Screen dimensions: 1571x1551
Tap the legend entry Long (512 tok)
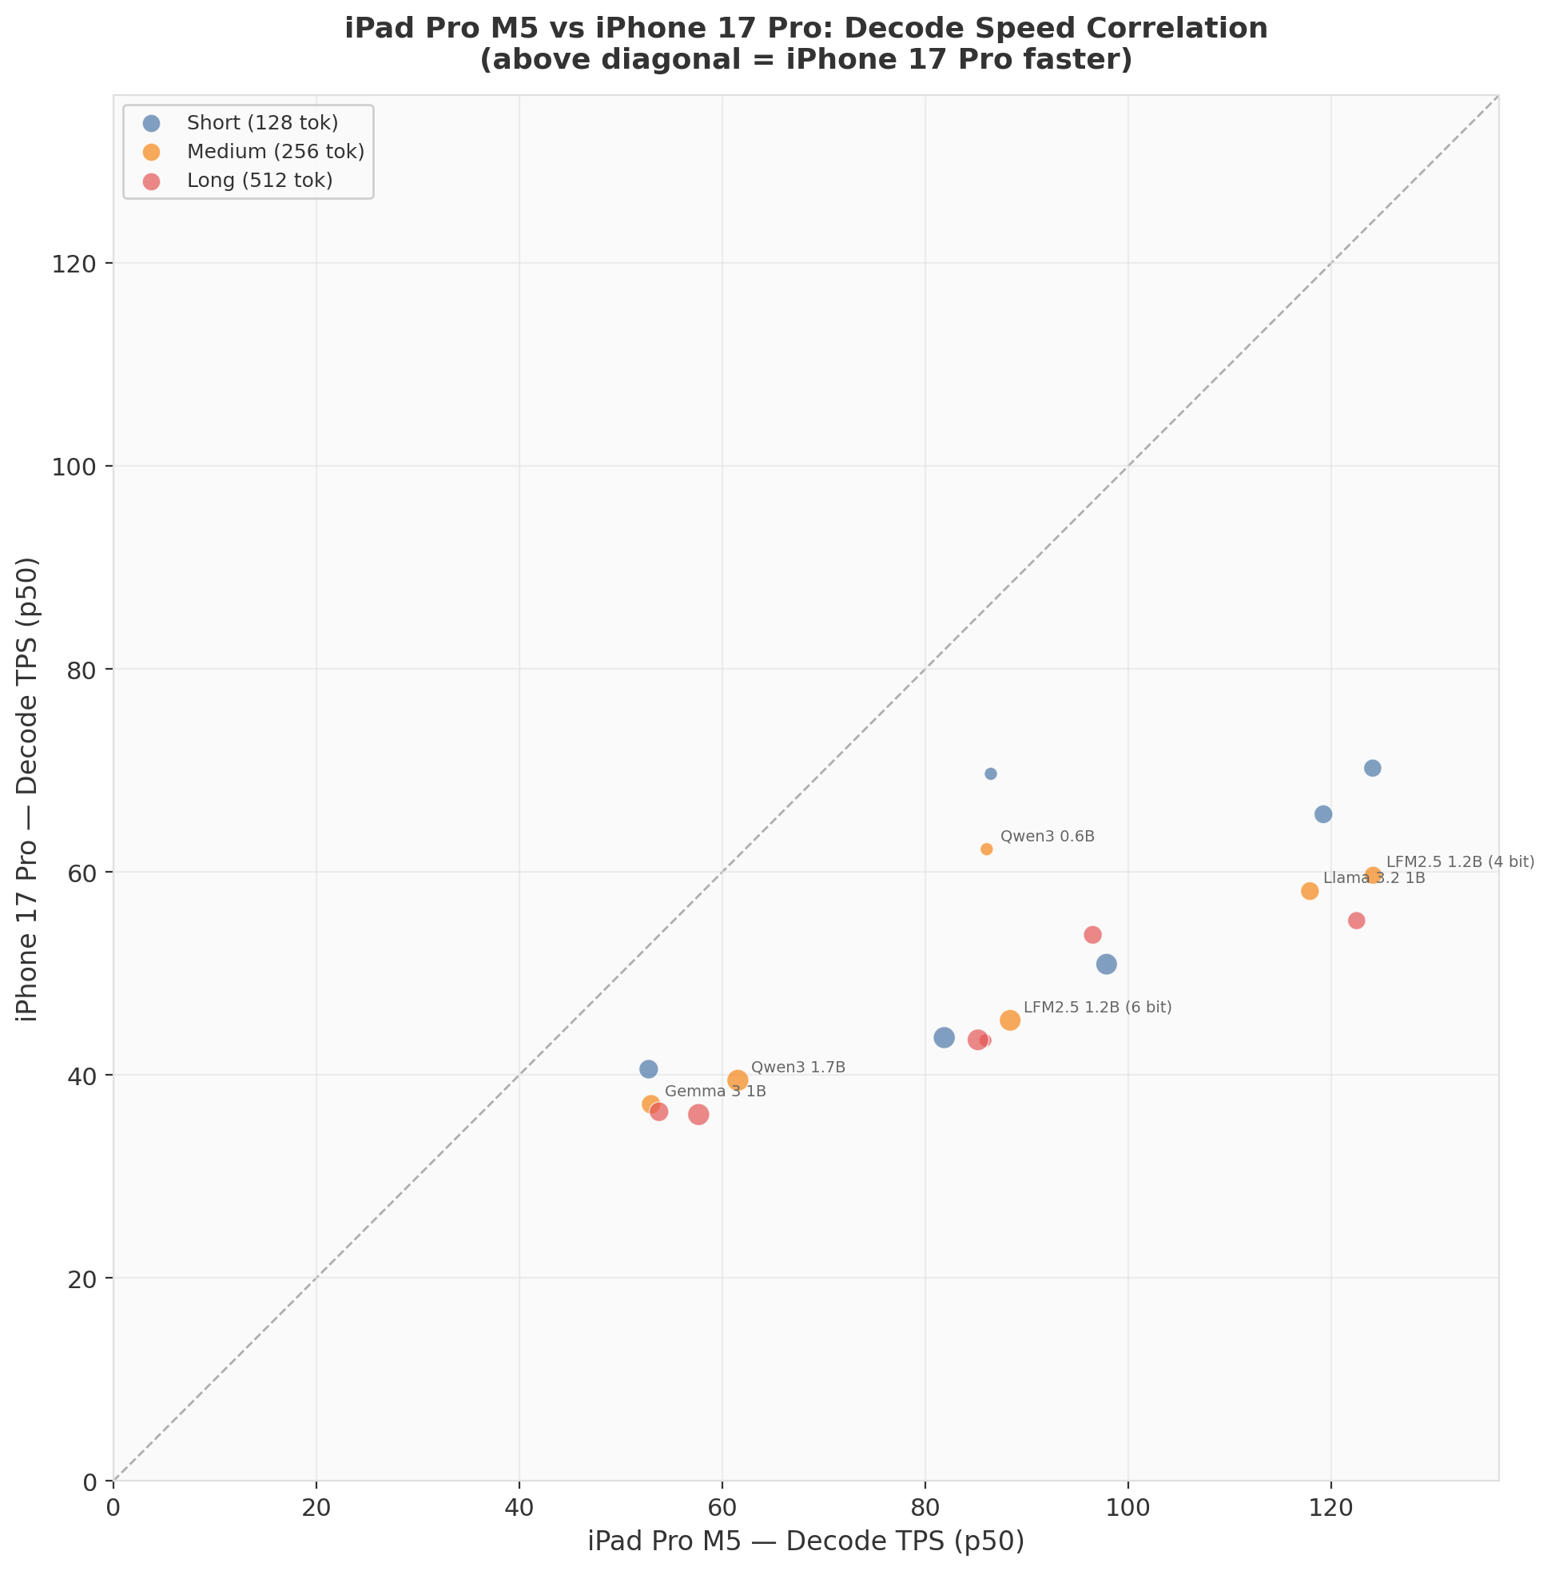(260, 181)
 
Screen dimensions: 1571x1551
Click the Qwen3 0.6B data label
(1047, 837)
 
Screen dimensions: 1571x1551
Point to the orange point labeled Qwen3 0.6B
(987, 849)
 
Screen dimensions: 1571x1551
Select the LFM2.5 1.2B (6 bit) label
(1097, 1008)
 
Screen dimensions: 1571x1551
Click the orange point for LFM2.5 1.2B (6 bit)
(1010, 1020)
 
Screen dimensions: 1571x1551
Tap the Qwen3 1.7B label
(797, 1068)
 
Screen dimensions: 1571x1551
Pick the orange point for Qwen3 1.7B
(738, 1080)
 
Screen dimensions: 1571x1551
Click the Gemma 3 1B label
(716, 1092)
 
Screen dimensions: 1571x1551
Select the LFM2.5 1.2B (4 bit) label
(1460, 862)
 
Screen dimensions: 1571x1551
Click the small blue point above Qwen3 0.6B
(991, 774)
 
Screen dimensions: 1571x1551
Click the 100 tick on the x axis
(1128, 1505)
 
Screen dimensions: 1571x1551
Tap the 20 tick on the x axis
(316, 1505)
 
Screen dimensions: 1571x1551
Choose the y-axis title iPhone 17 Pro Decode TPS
(29, 789)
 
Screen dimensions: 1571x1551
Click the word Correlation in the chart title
(1159, 29)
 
